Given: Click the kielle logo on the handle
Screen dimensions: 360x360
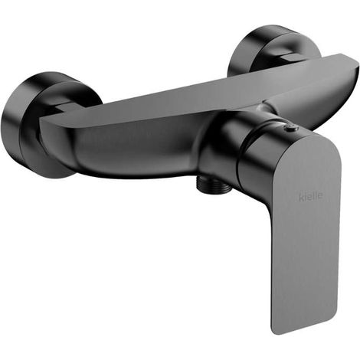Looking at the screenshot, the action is click(310, 197).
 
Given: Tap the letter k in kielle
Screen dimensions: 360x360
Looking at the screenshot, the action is click(301, 198).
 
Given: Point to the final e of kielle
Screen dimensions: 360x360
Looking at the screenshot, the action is click(320, 196).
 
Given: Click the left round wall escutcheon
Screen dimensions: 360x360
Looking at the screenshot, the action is click(38, 125).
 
